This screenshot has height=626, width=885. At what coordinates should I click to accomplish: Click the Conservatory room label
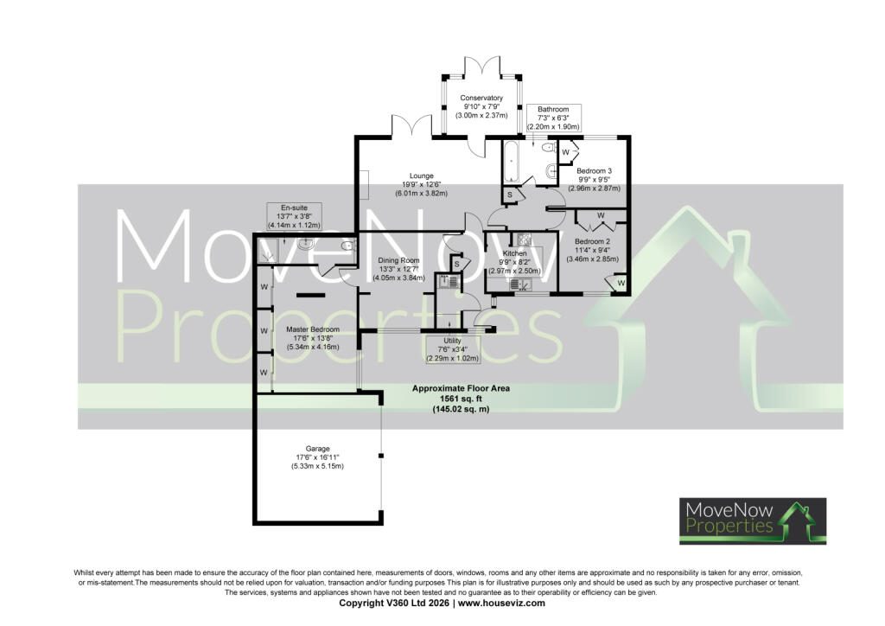click(481, 98)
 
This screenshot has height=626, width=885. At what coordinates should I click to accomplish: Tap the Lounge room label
click(422, 176)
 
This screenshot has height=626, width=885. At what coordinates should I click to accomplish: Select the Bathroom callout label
click(553, 118)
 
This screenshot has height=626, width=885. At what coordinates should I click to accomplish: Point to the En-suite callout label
click(294, 216)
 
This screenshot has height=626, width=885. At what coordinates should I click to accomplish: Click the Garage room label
click(317, 450)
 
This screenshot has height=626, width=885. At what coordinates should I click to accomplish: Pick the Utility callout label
click(452, 349)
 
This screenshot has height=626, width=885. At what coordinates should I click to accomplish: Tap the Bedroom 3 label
click(594, 171)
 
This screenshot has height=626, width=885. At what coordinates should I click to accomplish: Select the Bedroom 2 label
click(592, 241)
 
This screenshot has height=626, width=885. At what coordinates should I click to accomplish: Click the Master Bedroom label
click(313, 329)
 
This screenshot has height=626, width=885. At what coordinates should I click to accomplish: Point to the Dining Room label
click(399, 260)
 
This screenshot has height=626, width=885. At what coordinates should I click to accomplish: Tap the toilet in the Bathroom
click(548, 147)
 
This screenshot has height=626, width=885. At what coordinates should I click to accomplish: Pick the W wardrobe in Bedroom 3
click(566, 152)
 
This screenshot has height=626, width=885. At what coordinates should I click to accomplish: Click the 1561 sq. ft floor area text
click(461, 399)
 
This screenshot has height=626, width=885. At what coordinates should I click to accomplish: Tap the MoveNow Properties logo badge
click(753, 521)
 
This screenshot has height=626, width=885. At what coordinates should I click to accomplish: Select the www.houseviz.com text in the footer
click(501, 603)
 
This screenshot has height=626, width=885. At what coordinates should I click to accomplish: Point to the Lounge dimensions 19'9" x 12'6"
click(422, 184)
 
